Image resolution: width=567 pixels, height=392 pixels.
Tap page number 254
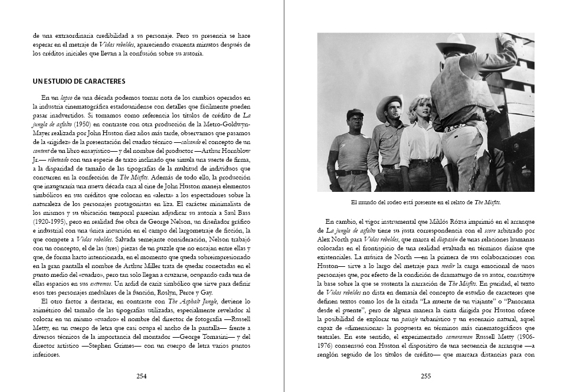click(142, 376)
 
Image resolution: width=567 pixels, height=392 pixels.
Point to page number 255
click(425, 376)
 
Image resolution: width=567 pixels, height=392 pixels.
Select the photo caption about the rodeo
click(425, 202)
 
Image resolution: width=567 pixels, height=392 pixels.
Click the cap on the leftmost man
click(355, 112)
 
